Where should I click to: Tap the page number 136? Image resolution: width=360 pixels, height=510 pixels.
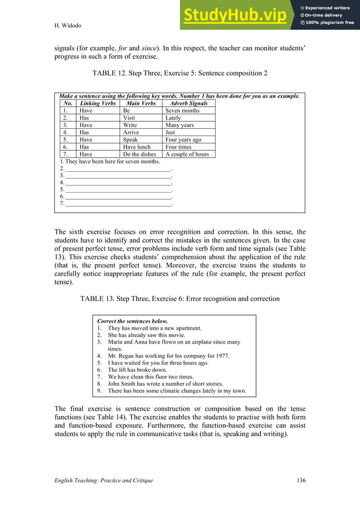300,480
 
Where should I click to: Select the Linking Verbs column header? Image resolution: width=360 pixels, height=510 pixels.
98,103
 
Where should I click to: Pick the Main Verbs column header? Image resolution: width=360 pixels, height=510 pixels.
141,103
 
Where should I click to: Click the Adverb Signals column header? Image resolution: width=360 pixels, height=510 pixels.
188,103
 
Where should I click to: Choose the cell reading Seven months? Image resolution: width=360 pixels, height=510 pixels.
182,111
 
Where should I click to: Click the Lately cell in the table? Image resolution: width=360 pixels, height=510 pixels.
173,118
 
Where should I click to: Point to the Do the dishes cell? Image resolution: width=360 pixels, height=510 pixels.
141,154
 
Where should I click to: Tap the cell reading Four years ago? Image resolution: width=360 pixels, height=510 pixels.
183,140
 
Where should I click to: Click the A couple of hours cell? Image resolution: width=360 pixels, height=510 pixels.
187,154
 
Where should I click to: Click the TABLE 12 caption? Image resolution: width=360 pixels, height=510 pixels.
179,73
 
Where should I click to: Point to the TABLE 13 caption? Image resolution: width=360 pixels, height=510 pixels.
179,298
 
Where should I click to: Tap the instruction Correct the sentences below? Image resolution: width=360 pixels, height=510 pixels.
133,321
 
